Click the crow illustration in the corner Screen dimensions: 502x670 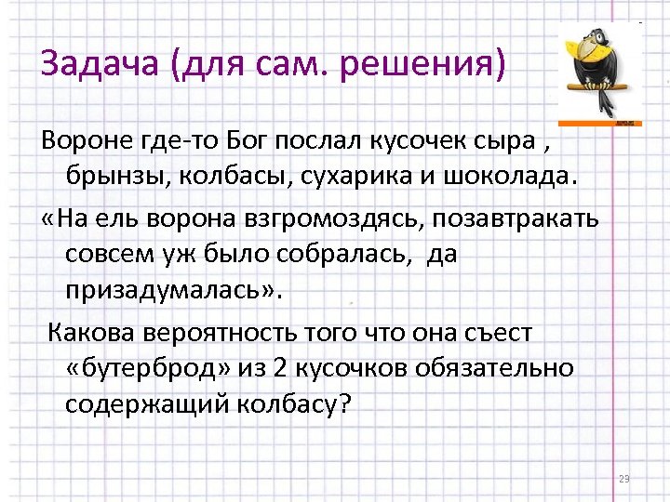click(x=601, y=71)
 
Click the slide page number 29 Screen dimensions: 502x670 click(x=623, y=479)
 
